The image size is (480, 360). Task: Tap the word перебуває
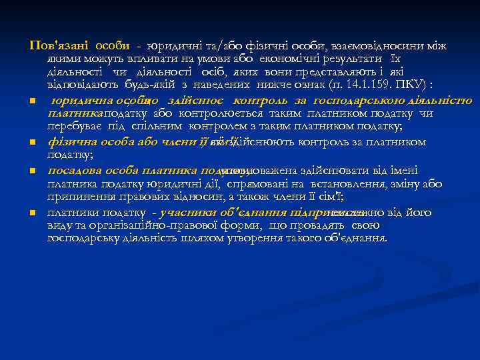tap(73, 126)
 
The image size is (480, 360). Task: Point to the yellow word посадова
tap(73, 169)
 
